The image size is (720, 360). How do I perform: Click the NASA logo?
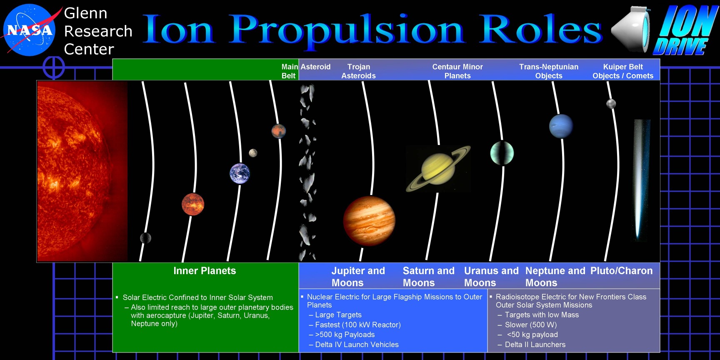pyautogui.click(x=29, y=30)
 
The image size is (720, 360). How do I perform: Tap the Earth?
pyautogui.click(x=240, y=173)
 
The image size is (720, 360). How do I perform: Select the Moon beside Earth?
pyautogui.click(x=253, y=153)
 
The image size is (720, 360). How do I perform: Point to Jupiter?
pyautogui.click(x=369, y=220)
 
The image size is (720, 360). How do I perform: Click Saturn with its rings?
pyautogui.click(x=438, y=168)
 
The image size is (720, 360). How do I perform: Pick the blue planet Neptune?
pyautogui.click(x=561, y=126)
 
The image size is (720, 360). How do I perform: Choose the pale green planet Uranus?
pyautogui.click(x=502, y=153)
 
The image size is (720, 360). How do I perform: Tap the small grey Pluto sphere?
pyautogui.click(x=611, y=103)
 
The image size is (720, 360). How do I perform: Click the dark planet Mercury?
pyautogui.click(x=145, y=238)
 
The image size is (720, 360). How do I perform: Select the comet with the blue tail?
pyautogui.click(x=641, y=179)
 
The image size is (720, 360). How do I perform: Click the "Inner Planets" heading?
pyautogui.click(x=205, y=271)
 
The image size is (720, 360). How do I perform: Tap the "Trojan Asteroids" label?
pyautogui.click(x=358, y=71)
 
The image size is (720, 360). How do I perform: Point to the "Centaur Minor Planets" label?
pyautogui.click(x=457, y=71)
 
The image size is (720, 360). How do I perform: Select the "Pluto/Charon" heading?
pyautogui.click(x=622, y=271)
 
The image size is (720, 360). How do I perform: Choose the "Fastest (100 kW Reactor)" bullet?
pyautogui.click(x=355, y=325)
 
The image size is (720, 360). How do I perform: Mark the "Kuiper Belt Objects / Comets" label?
pyautogui.click(x=623, y=71)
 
